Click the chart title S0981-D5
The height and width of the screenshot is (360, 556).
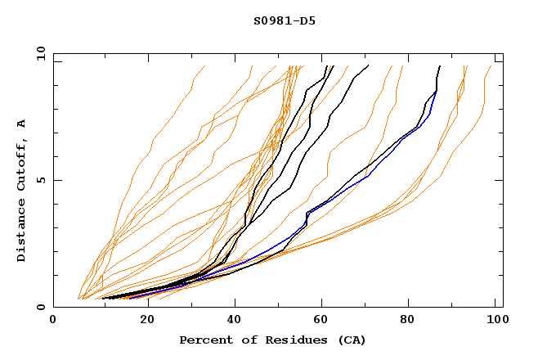[x=279, y=20]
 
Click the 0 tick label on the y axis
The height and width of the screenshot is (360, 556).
[x=42, y=308]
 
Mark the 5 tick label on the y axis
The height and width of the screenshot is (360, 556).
[x=42, y=180]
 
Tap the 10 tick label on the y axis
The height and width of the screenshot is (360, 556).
[x=38, y=53]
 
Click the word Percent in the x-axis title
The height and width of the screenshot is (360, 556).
[x=204, y=340]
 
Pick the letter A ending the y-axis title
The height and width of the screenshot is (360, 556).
[x=21, y=123]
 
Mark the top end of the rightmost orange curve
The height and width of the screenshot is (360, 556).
[x=491, y=66]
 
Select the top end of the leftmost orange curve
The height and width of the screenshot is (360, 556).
[x=204, y=66]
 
